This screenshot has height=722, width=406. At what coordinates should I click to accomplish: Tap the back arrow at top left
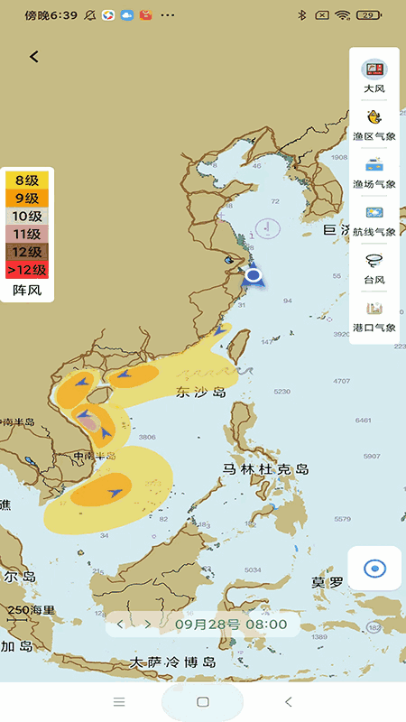[x=34, y=57]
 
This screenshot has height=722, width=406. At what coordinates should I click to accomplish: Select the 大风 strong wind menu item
[x=374, y=76]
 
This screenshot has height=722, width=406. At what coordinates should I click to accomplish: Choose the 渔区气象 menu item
[x=374, y=125]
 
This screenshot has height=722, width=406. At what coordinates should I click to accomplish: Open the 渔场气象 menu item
[x=374, y=172]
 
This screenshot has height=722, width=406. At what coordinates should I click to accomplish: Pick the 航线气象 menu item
[x=374, y=220]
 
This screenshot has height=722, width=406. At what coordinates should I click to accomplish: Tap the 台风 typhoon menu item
[x=374, y=268]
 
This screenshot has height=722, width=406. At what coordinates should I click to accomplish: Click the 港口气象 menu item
[x=374, y=316]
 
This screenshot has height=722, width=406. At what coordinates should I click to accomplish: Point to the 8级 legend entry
[x=27, y=180]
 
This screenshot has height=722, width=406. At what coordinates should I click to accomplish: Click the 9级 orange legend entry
[x=27, y=199]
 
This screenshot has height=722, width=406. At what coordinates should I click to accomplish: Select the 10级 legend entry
[x=27, y=217]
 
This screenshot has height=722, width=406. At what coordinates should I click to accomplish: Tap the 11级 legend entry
[x=27, y=234]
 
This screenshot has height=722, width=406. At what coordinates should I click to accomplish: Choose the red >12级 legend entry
[x=27, y=270]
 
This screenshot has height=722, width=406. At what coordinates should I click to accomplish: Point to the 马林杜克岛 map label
[x=266, y=469]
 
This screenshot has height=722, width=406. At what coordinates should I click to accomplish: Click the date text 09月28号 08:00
[x=231, y=624]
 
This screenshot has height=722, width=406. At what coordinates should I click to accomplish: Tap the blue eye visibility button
[x=374, y=569]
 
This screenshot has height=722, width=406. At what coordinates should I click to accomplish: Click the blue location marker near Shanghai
[x=254, y=275]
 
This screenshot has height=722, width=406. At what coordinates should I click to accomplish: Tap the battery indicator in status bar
[x=368, y=15]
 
